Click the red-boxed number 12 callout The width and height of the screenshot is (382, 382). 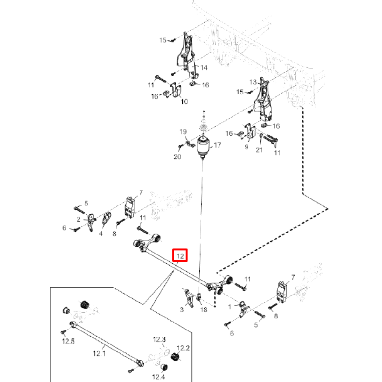(180, 255)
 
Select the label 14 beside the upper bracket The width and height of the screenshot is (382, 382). (204, 67)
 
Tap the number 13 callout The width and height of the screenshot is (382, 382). (253, 82)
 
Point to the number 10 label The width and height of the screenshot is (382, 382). (184, 101)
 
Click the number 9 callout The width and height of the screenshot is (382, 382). (247, 147)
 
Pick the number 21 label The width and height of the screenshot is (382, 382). (260, 149)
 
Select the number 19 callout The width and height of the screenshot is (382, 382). (183, 132)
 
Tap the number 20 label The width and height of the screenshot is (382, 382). (177, 156)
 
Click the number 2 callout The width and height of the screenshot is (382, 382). (78, 219)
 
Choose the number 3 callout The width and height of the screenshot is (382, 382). (182, 309)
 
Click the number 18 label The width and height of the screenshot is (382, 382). (204, 309)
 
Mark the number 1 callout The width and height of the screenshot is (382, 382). (230, 307)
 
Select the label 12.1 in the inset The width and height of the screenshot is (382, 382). (99, 353)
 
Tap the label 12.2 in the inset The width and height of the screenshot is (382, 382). (183, 348)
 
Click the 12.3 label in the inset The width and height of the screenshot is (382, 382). (159, 340)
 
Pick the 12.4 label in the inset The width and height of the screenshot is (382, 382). (158, 377)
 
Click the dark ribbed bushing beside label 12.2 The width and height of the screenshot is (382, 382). (174, 358)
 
